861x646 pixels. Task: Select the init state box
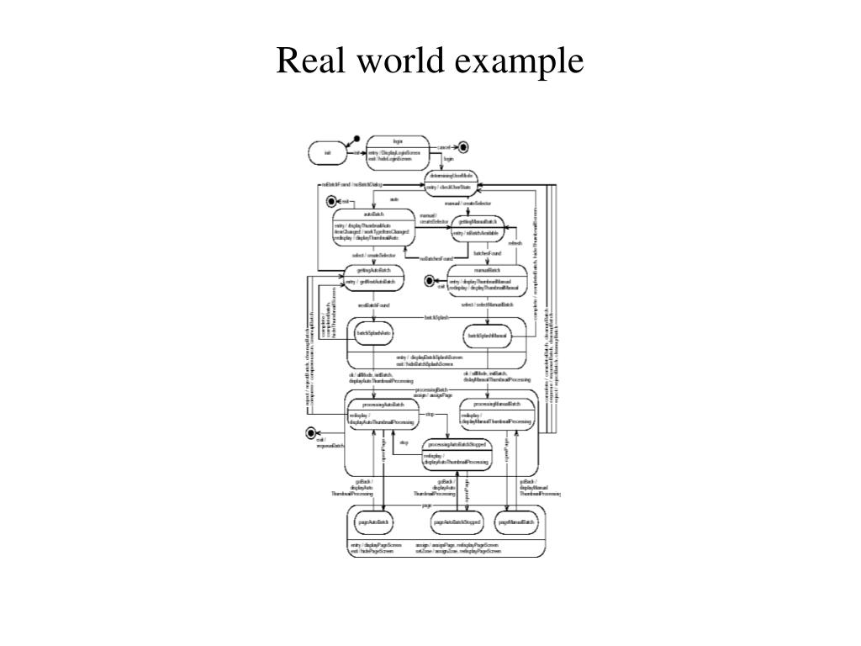(327, 152)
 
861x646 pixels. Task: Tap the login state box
(398, 152)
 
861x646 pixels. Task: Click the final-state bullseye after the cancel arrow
(463, 147)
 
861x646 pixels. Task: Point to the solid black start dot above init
(357, 138)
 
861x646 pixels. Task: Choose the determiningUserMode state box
(452, 181)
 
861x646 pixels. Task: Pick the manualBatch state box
(487, 281)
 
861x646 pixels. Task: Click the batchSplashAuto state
(374, 334)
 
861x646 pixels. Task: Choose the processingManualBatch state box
(497, 413)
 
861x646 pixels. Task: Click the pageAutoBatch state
(373, 522)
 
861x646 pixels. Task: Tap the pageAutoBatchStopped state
(457, 522)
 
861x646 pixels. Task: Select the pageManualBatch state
(516, 522)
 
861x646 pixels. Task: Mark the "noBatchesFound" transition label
(436, 258)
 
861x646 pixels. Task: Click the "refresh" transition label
(515, 243)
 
